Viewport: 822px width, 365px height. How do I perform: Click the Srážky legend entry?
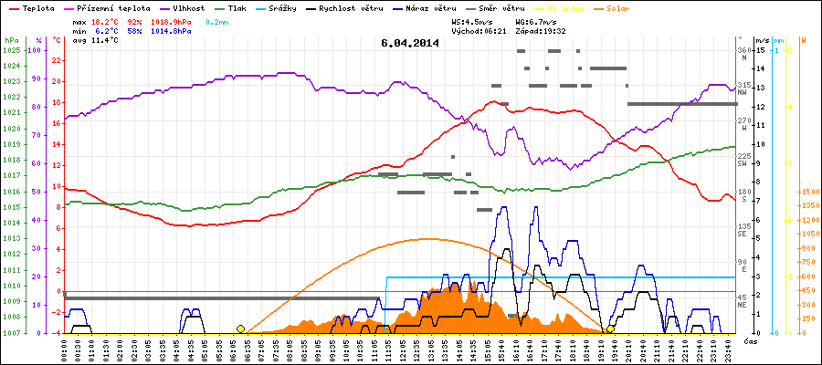pos(284,6)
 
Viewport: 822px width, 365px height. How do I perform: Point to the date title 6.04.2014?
pos(410,42)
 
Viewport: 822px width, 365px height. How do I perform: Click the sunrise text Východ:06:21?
pos(478,30)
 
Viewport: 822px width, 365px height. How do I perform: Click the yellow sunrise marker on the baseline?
pos(240,328)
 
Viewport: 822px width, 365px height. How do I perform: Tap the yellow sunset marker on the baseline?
pos(610,328)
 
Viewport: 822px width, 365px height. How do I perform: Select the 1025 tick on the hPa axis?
pos(11,50)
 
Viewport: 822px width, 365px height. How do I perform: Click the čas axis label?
pos(749,340)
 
